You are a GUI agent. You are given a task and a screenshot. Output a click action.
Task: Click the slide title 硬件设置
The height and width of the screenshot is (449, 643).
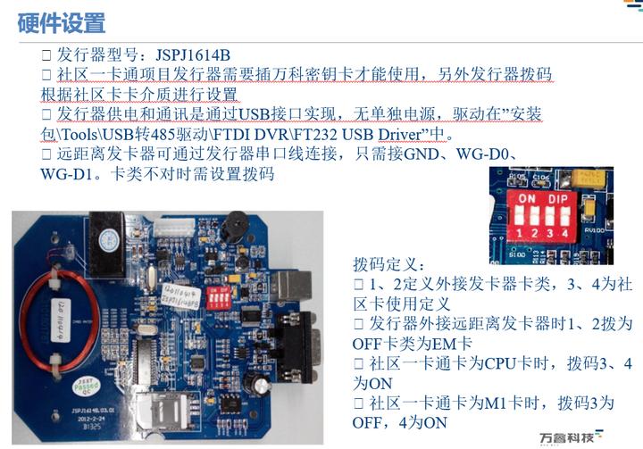(62, 22)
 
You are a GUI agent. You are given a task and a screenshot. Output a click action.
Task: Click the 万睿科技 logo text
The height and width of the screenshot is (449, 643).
(571, 437)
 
